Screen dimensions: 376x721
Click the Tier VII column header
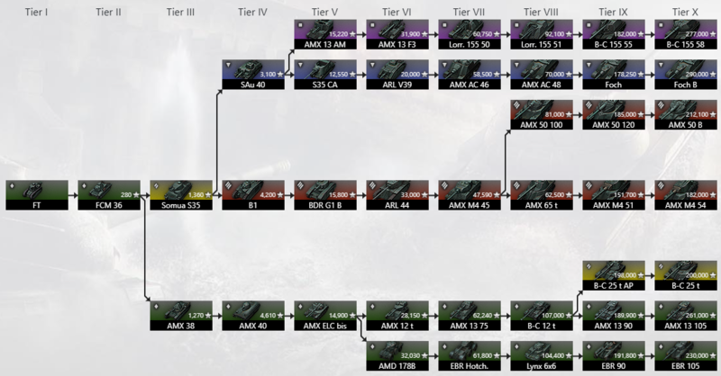[469, 13]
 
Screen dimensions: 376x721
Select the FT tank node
[36, 193]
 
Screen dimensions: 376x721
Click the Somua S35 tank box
[180, 193]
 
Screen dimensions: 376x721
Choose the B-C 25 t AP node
[613, 273]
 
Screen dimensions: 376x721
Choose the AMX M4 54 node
[685, 193]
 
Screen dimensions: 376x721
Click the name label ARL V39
[397, 84]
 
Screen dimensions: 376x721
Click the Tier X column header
[684, 13]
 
